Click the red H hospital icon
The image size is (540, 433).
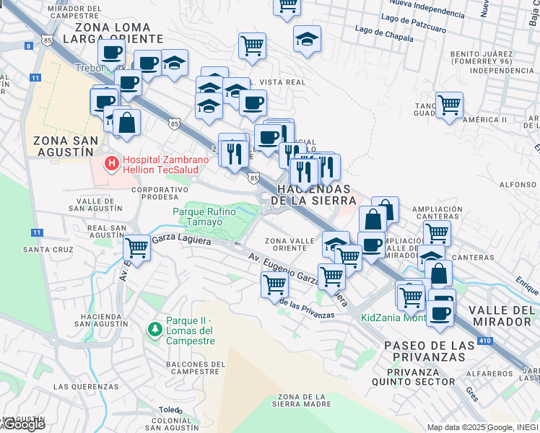(x=111, y=164)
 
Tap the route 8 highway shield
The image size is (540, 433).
(x=29, y=45)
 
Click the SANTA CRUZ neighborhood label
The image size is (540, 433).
(x=49, y=249)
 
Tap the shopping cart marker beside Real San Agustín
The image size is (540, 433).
(x=136, y=248)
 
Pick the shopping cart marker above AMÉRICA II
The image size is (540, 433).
(x=449, y=104)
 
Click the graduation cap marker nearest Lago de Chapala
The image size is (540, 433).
(x=308, y=38)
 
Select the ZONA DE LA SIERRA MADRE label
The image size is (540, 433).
(x=308, y=401)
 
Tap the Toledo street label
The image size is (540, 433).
(x=170, y=410)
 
